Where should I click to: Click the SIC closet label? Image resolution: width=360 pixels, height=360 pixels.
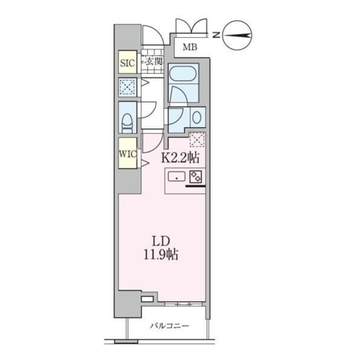(x=127, y=62)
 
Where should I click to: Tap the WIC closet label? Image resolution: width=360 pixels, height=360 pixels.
(x=127, y=154)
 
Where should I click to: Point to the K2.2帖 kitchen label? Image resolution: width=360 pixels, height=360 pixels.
(x=180, y=158)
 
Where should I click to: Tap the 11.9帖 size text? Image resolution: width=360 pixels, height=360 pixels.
(x=160, y=255)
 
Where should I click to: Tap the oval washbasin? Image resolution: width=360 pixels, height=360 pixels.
(x=197, y=118)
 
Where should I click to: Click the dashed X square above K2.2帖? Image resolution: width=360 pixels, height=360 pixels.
(x=196, y=139)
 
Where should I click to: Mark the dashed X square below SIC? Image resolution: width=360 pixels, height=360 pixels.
(x=127, y=87)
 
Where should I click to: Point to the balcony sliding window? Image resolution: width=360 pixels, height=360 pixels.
(x=181, y=303)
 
